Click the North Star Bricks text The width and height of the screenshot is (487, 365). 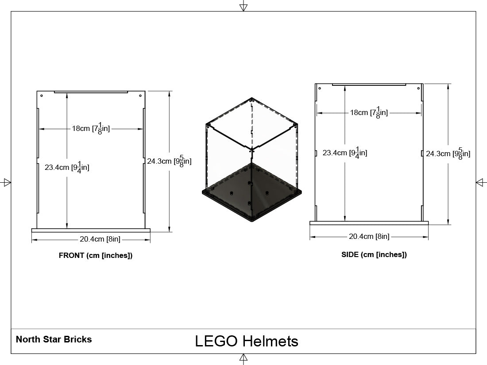tap(54, 339)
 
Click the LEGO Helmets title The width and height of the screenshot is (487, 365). tap(247, 341)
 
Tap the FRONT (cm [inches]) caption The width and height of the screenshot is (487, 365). tap(96, 255)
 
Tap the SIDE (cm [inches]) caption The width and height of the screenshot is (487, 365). tap(374, 254)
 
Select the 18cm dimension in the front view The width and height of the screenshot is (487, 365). tap(91, 128)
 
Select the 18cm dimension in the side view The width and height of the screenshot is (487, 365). tap(369, 112)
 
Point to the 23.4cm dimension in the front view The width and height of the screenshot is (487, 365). tap(67, 167)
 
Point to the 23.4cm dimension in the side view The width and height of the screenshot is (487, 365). tap(345, 153)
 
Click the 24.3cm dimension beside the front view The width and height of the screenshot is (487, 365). tap(169, 161)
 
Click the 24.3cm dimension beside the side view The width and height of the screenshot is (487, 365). tap(448, 154)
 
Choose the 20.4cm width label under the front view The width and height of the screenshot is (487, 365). tap(100, 239)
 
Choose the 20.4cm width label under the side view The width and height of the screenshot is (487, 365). tap(369, 237)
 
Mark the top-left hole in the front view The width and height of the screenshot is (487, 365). tap(42, 96)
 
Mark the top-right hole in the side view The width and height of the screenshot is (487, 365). tap(418, 88)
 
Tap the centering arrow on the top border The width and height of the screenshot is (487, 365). tap(243, 6)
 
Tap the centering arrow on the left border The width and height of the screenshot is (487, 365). tap(6, 182)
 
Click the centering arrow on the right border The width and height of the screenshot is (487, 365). tap(481, 182)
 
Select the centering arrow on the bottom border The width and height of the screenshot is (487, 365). tap(243, 359)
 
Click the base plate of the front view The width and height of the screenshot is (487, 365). tap(91, 231)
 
